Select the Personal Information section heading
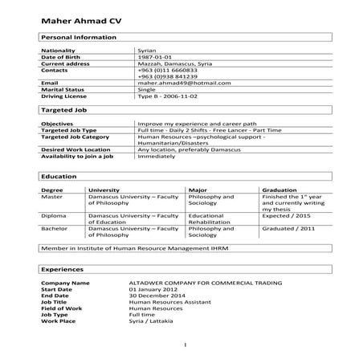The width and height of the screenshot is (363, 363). [79, 37]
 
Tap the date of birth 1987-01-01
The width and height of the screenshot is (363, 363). [156, 57]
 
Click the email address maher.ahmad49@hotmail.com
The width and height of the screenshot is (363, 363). [177, 83]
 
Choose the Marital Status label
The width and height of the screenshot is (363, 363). [62, 89]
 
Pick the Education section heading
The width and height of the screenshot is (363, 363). [59, 176]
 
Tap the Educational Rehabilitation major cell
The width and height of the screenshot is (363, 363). [207, 219]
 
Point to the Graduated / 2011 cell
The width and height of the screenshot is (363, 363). [287, 229]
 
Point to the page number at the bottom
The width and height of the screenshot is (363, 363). [184, 346]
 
